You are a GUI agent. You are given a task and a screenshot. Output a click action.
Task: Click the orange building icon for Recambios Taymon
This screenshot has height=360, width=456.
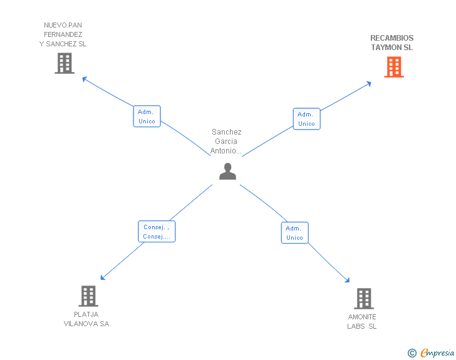pyautogui.click(x=393, y=67)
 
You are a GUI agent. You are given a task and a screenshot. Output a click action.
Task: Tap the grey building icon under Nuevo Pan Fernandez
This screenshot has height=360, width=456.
pyautogui.click(x=65, y=63)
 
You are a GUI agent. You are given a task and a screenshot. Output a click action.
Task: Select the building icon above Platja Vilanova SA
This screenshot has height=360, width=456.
pyautogui.click(x=88, y=296)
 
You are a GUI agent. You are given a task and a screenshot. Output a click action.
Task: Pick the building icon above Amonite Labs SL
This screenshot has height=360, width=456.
pyautogui.click(x=363, y=299)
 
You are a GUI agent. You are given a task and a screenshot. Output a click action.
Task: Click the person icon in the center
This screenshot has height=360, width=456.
pyautogui.click(x=227, y=171)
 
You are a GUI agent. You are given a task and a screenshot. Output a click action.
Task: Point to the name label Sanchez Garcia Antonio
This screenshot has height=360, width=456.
pyautogui.click(x=226, y=141)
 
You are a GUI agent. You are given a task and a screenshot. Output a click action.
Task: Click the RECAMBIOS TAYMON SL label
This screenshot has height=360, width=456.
pyautogui.click(x=391, y=43)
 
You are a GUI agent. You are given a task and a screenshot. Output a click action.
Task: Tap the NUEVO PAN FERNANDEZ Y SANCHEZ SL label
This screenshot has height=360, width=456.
pyautogui.click(x=63, y=35)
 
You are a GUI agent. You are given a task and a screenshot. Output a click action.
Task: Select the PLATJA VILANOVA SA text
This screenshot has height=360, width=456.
pyautogui.click(x=86, y=319)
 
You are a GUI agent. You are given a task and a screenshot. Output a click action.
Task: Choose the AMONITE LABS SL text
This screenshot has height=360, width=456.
pyautogui.click(x=362, y=321)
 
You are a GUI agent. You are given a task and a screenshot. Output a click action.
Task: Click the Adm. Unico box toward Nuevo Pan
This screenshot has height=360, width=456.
pyautogui.click(x=147, y=116)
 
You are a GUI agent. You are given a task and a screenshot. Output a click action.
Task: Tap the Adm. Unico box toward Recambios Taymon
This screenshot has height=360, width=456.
pyautogui.click(x=306, y=119)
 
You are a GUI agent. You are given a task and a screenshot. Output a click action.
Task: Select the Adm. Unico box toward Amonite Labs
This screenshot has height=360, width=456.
pyautogui.click(x=294, y=233)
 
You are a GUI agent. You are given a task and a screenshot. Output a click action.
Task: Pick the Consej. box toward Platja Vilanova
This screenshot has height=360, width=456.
pyautogui.click(x=156, y=232)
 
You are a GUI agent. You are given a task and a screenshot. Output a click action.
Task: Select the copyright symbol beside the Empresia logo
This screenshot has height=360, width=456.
pyautogui.click(x=412, y=353)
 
